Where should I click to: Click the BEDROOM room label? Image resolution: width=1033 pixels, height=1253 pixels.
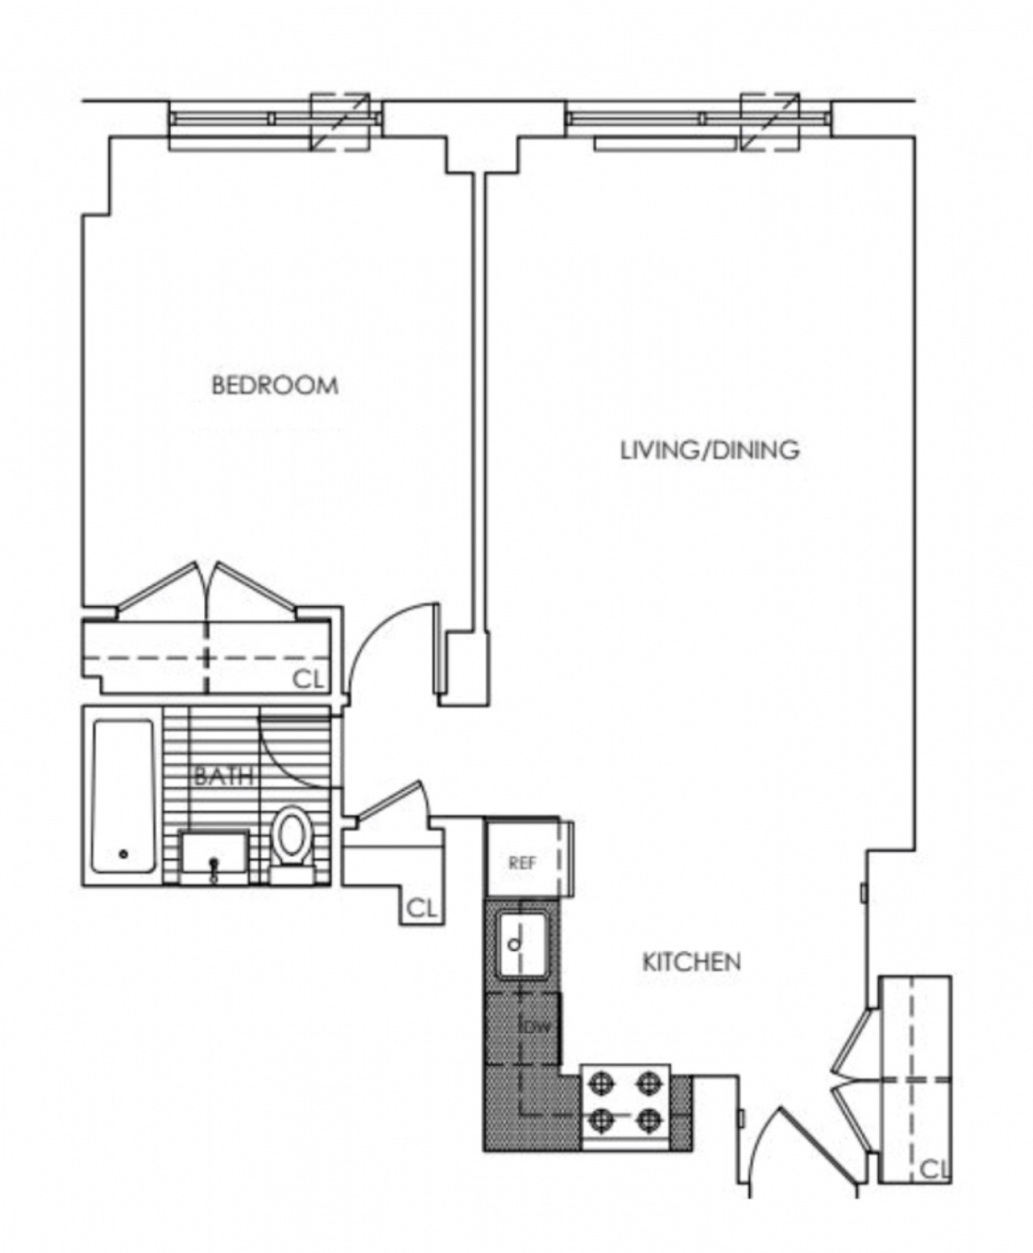[275, 385]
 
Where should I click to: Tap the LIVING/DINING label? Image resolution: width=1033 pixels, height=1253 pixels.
[709, 450]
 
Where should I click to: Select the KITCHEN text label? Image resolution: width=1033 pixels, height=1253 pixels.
[691, 962]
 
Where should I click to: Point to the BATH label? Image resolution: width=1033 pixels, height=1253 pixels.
[224, 776]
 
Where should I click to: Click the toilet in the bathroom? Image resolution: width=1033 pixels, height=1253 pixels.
[293, 840]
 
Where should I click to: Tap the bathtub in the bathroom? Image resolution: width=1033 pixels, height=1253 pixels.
[123, 796]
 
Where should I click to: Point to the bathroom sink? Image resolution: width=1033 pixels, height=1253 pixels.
[214, 856]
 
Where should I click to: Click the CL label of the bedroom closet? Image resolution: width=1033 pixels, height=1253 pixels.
[309, 679]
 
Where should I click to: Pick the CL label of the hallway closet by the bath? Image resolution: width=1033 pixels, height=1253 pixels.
[422, 909]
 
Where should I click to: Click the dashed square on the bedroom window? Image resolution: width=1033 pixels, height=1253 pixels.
[340, 122]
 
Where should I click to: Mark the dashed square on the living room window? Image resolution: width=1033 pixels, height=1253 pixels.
[769, 122]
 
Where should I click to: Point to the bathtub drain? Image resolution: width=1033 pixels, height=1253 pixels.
[123, 854]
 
